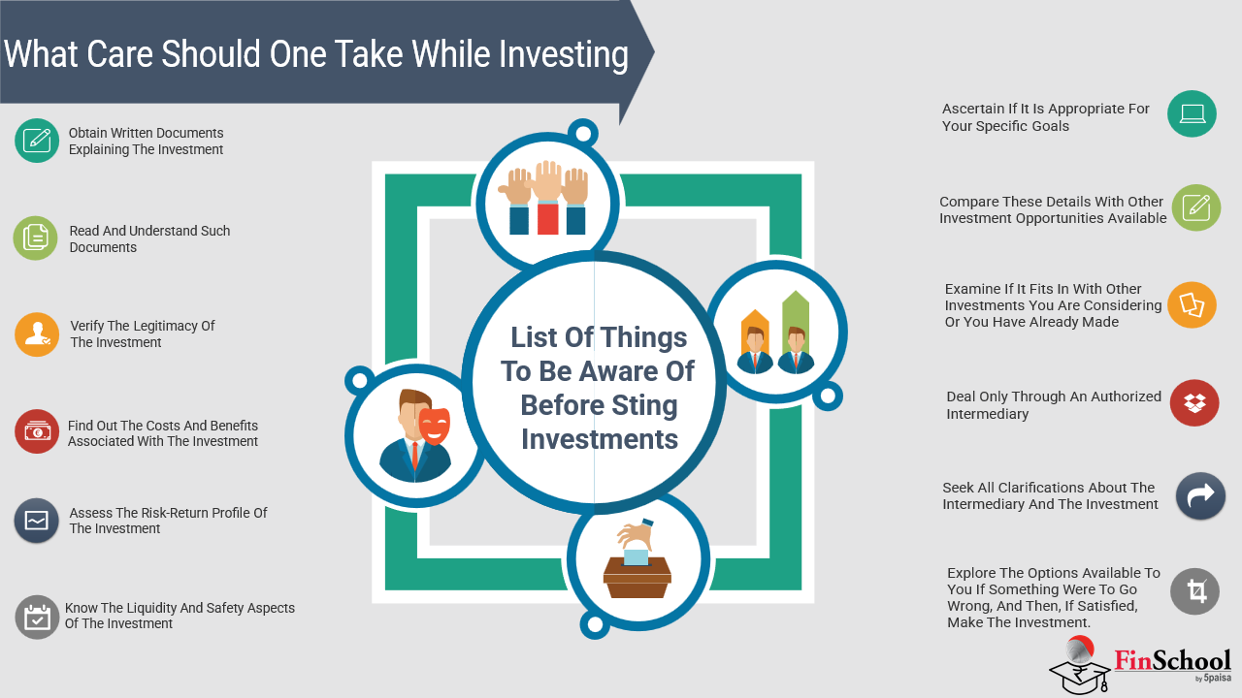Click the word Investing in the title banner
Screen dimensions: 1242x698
pos(564,55)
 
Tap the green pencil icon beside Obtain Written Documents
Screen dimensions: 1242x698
pos(37,141)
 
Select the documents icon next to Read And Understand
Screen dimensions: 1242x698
pos(36,238)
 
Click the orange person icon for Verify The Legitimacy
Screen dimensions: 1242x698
pos(37,334)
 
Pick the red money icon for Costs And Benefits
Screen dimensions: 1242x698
pos(37,431)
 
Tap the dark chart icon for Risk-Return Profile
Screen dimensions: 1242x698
pos(37,521)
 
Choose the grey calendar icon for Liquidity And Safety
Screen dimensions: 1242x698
pos(37,618)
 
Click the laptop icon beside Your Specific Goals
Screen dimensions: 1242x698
pos(1193,113)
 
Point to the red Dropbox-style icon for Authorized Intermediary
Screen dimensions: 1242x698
pos(1194,402)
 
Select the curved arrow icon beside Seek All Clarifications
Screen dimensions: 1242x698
pos(1200,495)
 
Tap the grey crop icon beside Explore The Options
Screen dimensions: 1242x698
pos(1194,591)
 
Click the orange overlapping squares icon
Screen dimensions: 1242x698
pos(1193,304)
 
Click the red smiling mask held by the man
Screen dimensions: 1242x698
pos(434,426)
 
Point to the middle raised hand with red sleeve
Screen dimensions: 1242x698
pos(547,197)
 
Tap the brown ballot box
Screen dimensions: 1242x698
pos(637,577)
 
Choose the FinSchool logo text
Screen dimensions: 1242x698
pos(1173,661)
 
